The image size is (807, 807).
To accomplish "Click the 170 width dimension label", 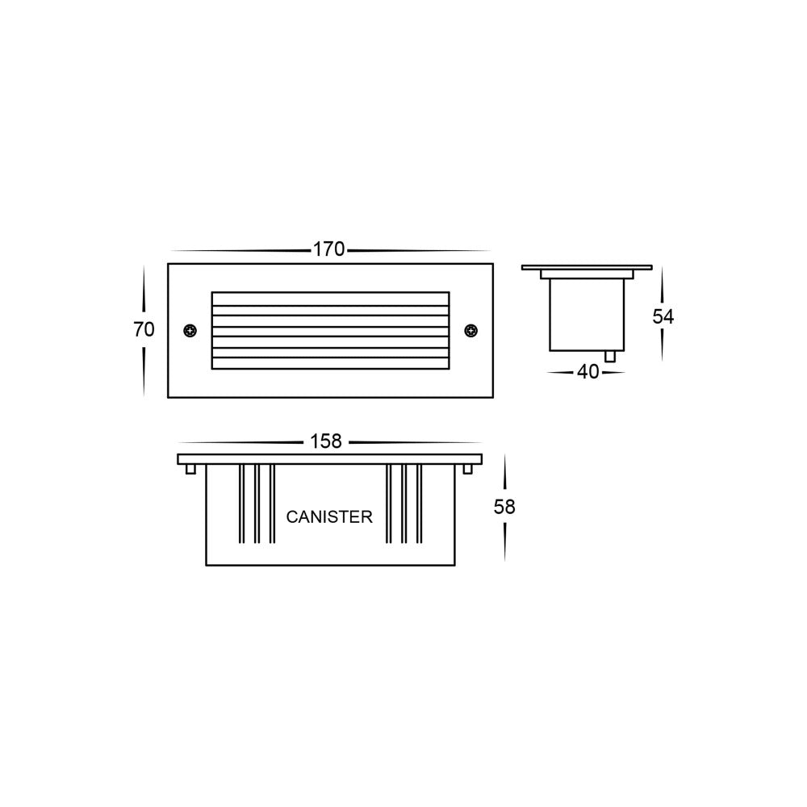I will click(329, 250).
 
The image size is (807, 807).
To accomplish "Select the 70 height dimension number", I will click(144, 329).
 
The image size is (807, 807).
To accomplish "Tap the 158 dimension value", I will click(327, 441).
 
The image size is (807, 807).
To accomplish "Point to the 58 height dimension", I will click(504, 507).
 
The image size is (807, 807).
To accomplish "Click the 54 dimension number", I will click(663, 316).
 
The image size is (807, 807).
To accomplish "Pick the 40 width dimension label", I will click(588, 373).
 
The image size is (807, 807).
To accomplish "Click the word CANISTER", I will click(329, 517).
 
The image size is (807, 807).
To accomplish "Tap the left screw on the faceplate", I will click(190, 330).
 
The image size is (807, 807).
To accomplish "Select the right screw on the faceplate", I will click(471, 330).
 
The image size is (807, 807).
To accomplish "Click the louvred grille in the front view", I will click(329, 331).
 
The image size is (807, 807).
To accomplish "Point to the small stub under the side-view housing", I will click(611, 356).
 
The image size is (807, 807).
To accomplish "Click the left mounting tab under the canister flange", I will click(190, 469).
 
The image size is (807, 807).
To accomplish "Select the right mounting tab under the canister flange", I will click(469, 469).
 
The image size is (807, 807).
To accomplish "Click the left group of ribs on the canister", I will click(257, 504).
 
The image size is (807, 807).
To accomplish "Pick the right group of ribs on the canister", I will click(403, 504).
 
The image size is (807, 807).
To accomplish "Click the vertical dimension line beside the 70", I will click(144, 291).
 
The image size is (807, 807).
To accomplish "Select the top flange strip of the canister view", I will click(329, 459).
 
